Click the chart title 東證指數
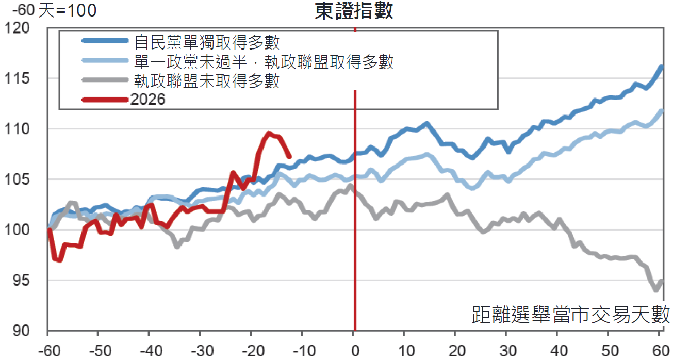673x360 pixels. [x=354, y=11]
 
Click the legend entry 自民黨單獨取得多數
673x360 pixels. [x=206, y=42]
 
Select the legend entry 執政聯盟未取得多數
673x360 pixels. [x=206, y=81]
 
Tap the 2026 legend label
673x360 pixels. [x=148, y=100]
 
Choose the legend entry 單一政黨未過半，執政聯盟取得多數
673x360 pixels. [x=264, y=62]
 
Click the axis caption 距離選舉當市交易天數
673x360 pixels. [x=571, y=315]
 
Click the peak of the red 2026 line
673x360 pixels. [x=269, y=133]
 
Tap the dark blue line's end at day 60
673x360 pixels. [x=662, y=67]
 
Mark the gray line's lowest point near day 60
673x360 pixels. [x=656, y=290]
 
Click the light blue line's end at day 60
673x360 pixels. [x=662, y=111]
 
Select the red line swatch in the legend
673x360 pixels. [x=105, y=100]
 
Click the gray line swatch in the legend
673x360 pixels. [x=105, y=80]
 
